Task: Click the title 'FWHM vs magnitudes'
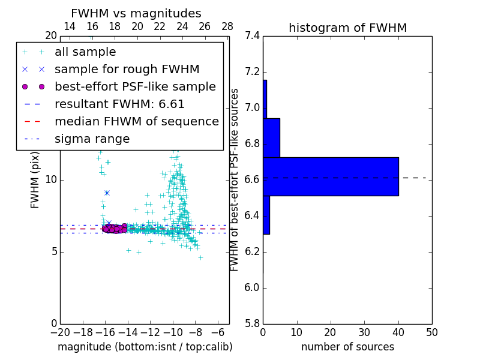tap(136, 13)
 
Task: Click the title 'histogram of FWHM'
tap(347, 28)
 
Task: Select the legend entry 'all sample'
tap(85, 52)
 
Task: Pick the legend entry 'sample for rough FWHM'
tap(127, 69)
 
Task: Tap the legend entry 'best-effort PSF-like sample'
tap(135, 86)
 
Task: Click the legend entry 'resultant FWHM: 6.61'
tap(119, 104)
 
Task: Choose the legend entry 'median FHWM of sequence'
tap(136, 121)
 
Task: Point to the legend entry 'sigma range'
tap(92, 139)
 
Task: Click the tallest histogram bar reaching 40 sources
tap(331, 176)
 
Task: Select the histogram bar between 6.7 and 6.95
tap(271, 137)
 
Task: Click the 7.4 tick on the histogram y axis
tap(253, 36)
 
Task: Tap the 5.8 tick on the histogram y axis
tap(253, 323)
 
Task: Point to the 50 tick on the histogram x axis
tap(431, 332)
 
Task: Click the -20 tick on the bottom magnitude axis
tap(60, 332)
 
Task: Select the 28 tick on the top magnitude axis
tap(227, 26)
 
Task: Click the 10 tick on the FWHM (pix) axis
tap(52, 179)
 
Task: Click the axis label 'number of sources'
tap(347, 347)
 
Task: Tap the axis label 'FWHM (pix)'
tap(35, 179)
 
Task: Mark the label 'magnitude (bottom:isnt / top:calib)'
tap(145, 347)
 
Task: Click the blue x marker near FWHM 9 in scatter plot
tap(107, 193)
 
